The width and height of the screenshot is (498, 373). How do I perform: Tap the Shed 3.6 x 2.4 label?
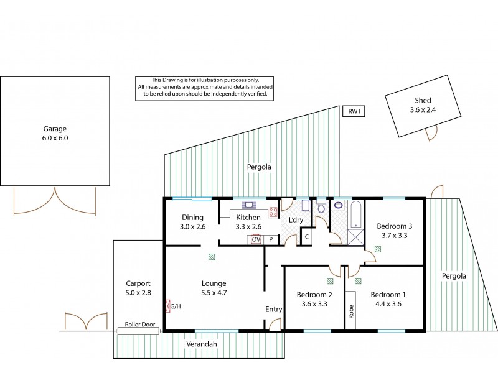click(423, 106)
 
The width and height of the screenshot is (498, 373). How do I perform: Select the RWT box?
click(354, 112)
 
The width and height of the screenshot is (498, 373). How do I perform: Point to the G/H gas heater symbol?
click(168, 306)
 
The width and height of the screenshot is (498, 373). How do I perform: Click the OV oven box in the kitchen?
click(255, 239)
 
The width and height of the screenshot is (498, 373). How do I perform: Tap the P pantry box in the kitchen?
click(271, 239)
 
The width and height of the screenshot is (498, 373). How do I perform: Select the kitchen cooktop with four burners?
click(273, 212)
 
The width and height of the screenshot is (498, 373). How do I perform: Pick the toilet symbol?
click(321, 207)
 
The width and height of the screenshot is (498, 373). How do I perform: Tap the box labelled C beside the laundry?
click(306, 237)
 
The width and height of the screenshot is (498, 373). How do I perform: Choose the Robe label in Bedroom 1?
click(352, 311)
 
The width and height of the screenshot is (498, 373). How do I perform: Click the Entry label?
click(274, 309)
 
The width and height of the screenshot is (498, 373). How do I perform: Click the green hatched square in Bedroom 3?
click(378, 250)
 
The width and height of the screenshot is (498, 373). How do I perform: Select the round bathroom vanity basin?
click(339, 204)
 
